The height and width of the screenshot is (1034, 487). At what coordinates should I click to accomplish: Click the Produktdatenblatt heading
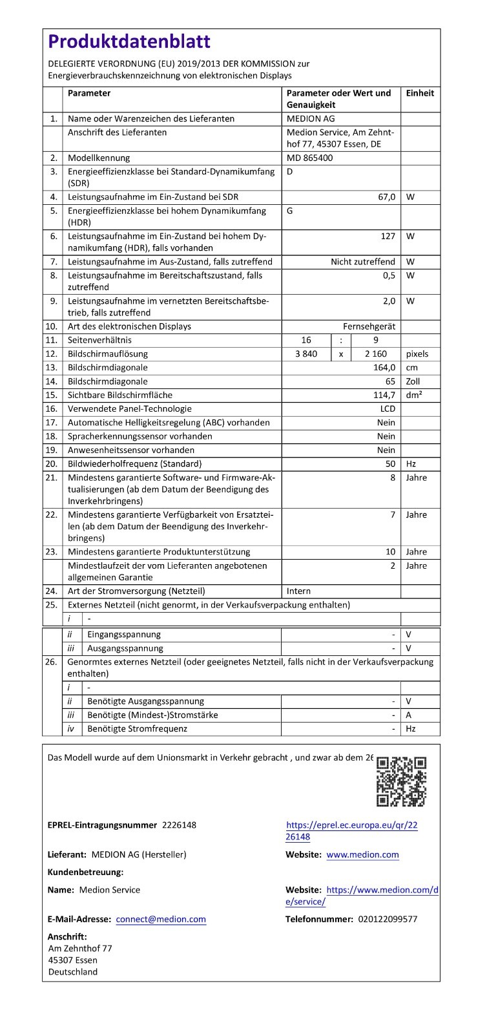pos(129,42)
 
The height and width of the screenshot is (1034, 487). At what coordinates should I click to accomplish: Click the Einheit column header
pos(420,93)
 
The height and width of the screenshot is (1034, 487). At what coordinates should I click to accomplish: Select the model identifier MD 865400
pos(310,158)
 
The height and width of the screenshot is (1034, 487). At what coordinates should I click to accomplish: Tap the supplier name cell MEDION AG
pos(311,119)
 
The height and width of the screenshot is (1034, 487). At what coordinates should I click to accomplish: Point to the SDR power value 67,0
pos(386,197)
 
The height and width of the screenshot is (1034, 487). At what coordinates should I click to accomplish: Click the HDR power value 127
pos(388,237)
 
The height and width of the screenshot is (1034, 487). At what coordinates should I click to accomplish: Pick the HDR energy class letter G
pos(290,211)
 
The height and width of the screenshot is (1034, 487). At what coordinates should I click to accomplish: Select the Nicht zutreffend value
pos(363,262)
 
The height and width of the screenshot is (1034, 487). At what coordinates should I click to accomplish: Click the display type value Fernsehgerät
pos(369,326)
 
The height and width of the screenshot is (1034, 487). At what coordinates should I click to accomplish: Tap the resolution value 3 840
pos(306,354)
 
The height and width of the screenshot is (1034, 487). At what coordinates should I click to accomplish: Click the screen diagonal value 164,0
pos(384,368)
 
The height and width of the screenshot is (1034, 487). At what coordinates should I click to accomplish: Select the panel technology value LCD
pos(387,408)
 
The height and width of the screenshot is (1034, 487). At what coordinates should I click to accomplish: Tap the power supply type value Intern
pos(298,591)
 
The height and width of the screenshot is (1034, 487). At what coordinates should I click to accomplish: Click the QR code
pos(401,781)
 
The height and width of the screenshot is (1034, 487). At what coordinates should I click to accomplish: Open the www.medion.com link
pos(362,855)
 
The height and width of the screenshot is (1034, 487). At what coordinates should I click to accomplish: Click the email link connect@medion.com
pos(161,919)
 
